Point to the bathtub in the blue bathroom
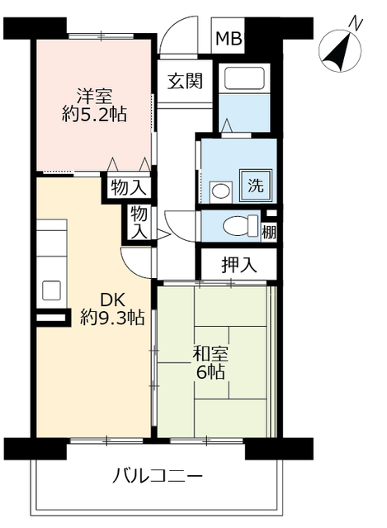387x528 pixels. (244, 79)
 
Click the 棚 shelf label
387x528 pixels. (270, 232)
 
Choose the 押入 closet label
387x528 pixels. (239, 265)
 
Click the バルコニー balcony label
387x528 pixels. (157, 477)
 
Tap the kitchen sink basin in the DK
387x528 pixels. (51, 290)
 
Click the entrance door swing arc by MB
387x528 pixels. (172, 37)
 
